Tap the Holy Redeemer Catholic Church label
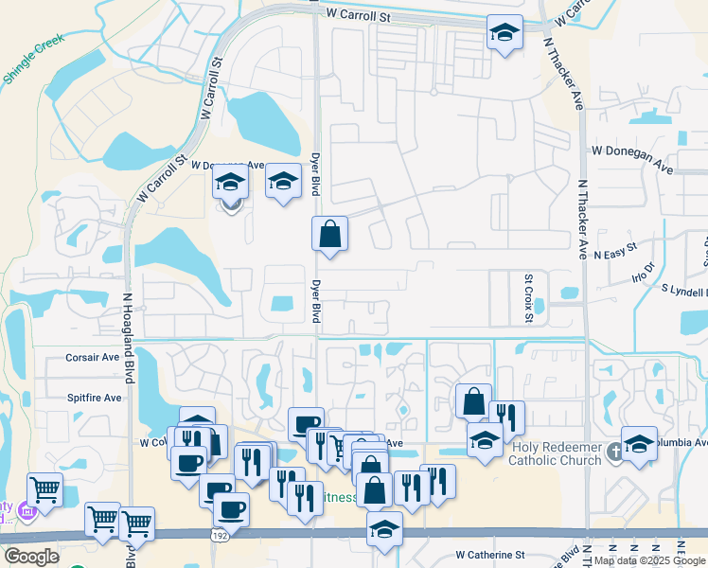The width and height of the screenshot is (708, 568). [x=556, y=453]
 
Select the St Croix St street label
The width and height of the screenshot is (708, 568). [x=529, y=297]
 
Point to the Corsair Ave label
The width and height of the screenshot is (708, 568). [x=92, y=358]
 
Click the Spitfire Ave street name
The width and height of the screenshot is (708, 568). [x=94, y=399]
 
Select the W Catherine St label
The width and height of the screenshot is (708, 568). [x=489, y=554]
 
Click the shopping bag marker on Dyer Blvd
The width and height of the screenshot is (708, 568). [x=329, y=234]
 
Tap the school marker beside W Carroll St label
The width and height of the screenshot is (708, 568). [x=504, y=34]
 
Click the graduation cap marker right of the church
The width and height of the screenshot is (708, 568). [x=640, y=444]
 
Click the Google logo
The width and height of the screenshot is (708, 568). [x=30, y=557]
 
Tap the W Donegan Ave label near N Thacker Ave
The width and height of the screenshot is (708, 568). [x=631, y=158]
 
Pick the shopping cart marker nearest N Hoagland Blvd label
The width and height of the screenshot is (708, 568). [x=137, y=523]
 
